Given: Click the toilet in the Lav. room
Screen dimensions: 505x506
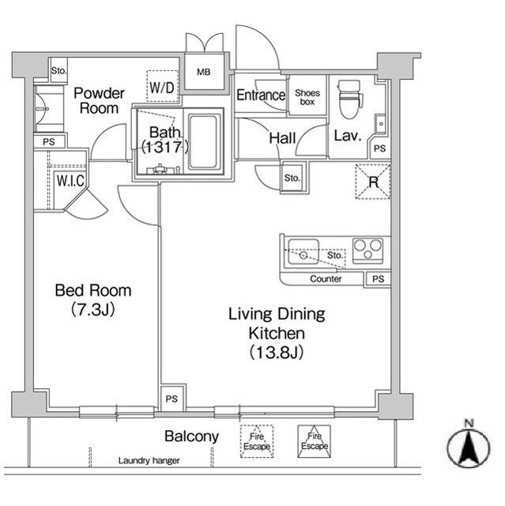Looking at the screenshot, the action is [349, 99].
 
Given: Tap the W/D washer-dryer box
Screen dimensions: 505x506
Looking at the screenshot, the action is [163, 86].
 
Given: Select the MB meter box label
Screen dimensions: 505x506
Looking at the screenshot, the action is [203, 72].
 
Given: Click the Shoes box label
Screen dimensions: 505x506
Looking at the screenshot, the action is [307, 97].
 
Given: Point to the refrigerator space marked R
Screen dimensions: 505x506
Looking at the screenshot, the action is [373, 182].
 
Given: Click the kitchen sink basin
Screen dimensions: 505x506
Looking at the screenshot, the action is [303, 251].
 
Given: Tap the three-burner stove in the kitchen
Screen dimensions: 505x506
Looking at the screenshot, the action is [368, 251].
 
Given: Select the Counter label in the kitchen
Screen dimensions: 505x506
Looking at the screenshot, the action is [326, 278].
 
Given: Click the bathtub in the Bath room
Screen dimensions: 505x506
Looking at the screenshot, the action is [203, 142].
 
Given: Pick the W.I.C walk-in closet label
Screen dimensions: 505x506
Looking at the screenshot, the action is [70, 180].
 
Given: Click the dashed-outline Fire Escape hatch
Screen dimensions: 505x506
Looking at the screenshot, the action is [257, 441].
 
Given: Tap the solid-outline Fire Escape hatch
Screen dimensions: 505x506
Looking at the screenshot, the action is [314, 441].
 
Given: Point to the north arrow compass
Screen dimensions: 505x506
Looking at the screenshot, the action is [469, 446].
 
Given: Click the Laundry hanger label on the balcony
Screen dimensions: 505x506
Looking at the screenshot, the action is [149, 460].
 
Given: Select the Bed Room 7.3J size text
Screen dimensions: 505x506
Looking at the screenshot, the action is [93, 310].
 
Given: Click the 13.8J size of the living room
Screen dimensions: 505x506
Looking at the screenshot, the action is [277, 352].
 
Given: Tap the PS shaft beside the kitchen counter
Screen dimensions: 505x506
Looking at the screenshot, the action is [378, 279].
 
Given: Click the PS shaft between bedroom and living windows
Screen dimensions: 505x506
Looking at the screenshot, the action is [171, 398].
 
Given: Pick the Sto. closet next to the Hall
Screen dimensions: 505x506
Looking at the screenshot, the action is [292, 178].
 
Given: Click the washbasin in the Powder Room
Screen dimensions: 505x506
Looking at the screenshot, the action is [43, 109].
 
